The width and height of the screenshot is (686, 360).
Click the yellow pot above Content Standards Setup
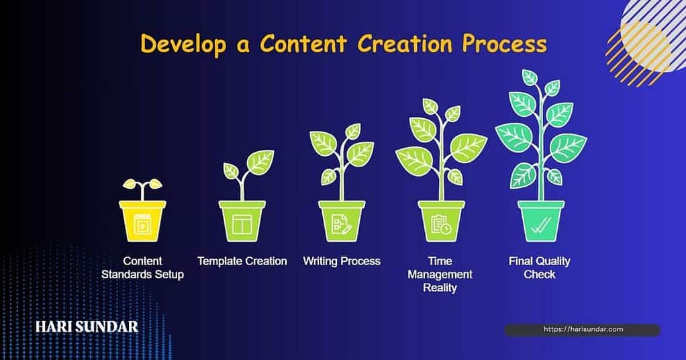(x=142, y=222)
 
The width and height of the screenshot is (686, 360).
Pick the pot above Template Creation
(x=242, y=222)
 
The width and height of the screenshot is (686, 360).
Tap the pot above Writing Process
(x=342, y=222)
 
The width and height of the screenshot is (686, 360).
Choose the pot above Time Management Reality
(x=441, y=222)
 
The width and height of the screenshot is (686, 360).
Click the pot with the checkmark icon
(x=540, y=222)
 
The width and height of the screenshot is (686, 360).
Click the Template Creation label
(x=242, y=261)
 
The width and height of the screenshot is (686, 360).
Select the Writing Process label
(x=342, y=261)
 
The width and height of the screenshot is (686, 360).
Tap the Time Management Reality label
(x=440, y=274)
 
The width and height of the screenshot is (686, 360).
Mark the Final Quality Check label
(x=540, y=267)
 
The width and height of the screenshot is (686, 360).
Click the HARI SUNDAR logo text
(x=87, y=327)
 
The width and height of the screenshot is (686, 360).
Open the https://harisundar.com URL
(x=582, y=330)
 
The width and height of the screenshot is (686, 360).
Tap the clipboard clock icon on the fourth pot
(x=441, y=226)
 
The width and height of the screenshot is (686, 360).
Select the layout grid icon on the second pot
(x=242, y=226)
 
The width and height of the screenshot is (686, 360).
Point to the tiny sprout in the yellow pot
(x=142, y=186)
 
